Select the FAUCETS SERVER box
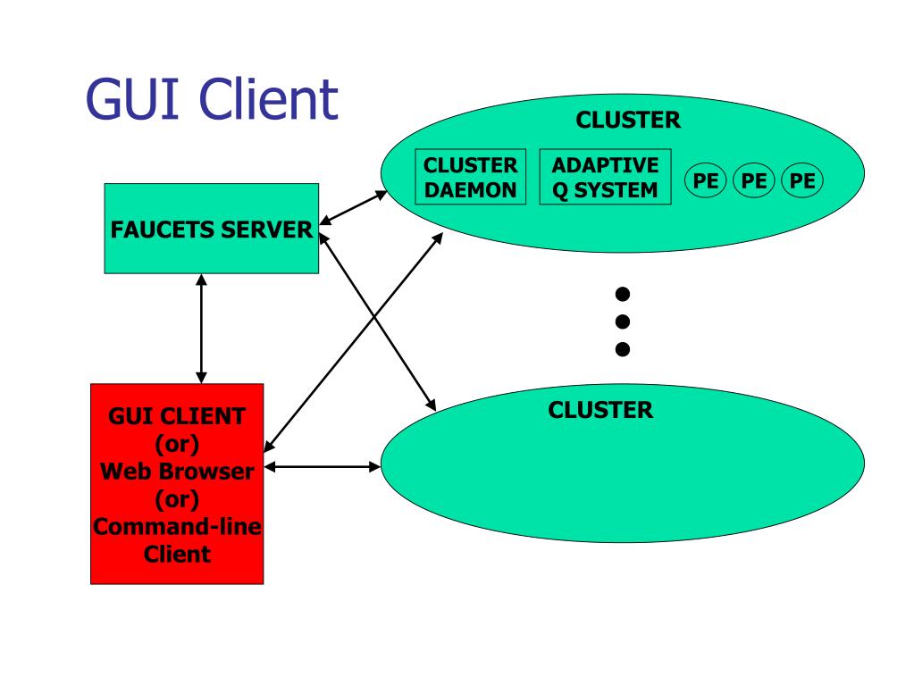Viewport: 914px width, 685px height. click(x=212, y=229)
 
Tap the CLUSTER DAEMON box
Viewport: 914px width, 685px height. click(x=471, y=177)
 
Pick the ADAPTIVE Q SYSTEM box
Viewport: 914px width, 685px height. click(x=605, y=177)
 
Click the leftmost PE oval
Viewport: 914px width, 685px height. click(x=705, y=180)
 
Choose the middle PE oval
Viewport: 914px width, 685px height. click(x=754, y=180)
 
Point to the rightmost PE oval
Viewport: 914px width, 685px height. click(x=802, y=180)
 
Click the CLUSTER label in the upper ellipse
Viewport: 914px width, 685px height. click(x=628, y=120)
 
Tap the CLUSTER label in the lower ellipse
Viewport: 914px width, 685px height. click(x=600, y=410)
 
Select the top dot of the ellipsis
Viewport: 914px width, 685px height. click(x=623, y=294)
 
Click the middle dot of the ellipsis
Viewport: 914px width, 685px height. click(x=623, y=322)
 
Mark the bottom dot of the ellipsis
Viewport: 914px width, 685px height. click(x=623, y=349)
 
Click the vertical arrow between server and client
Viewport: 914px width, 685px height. click(x=201, y=329)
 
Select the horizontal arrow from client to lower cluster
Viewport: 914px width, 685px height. click(x=323, y=466)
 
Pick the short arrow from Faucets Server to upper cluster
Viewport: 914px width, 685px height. click(x=353, y=207)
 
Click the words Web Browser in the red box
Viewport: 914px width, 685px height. click(x=177, y=472)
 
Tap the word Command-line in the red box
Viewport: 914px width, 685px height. click(x=177, y=527)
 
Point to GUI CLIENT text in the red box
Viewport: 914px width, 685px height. click(x=177, y=416)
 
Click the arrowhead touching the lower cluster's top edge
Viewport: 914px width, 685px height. click(x=431, y=405)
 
